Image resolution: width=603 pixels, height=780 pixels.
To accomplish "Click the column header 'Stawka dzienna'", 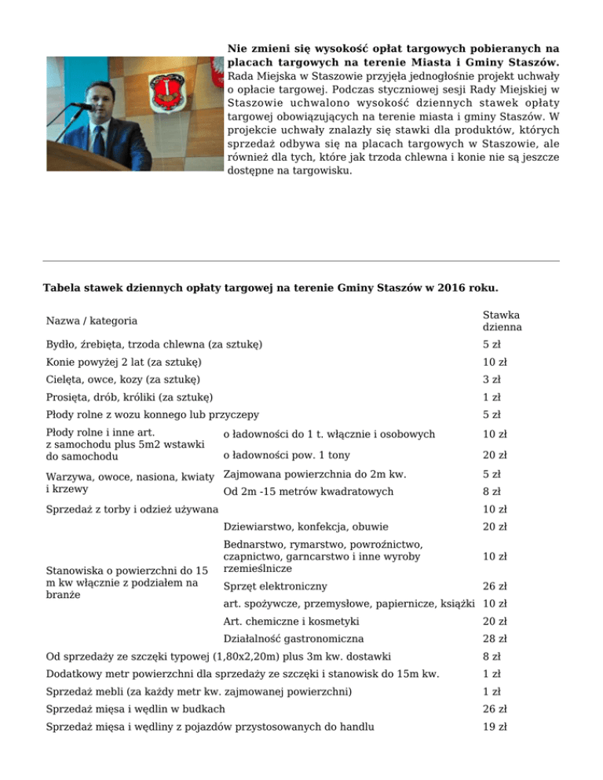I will click(502, 320).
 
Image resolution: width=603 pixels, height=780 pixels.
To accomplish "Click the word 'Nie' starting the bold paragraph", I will click(237, 49).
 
